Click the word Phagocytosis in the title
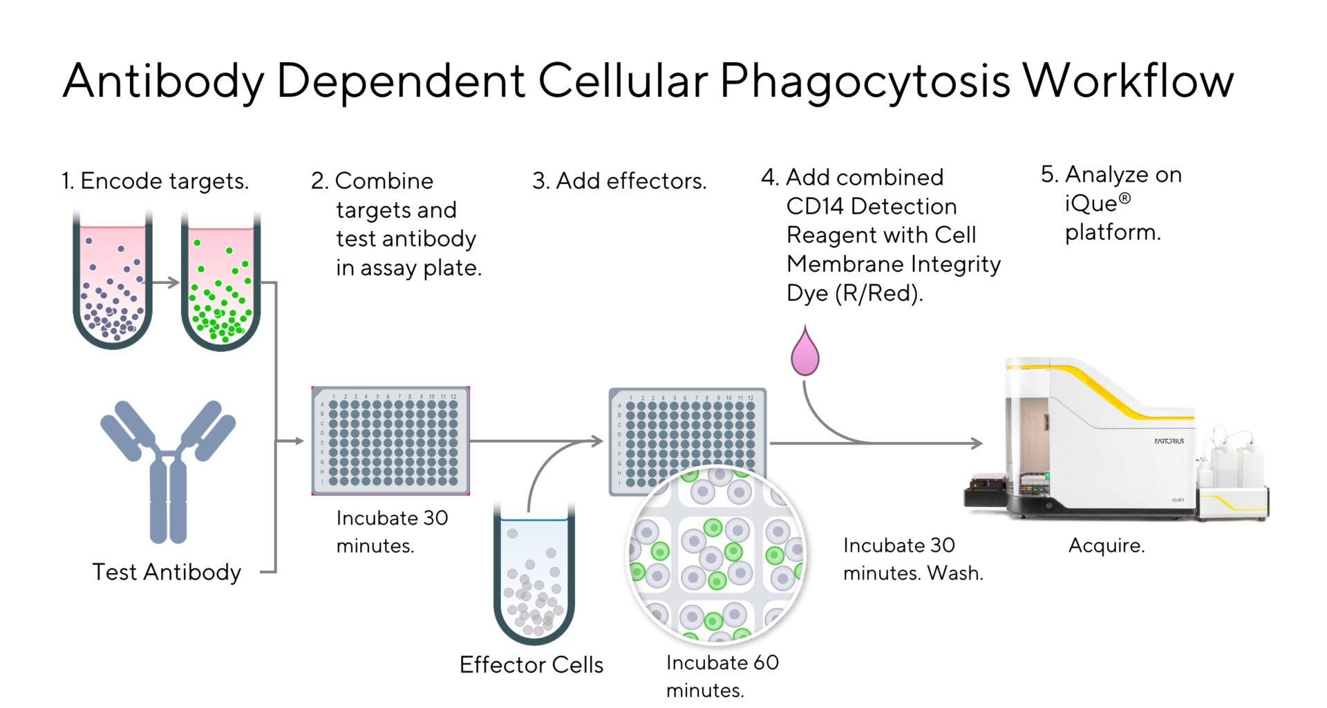pyautogui.click(x=865, y=82)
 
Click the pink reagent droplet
pyautogui.click(x=804, y=355)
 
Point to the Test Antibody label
pyautogui.click(x=167, y=572)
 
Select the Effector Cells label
pyautogui.click(x=531, y=665)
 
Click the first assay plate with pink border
pyautogui.click(x=390, y=441)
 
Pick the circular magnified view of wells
pyautogui.click(x=717, y=556)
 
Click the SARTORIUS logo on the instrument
pyautogui.click(x=1168, y=441)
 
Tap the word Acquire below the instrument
pyautogui.click(x=1106, y=546)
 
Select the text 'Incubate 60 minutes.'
pyautogui.click(x=722, y=676)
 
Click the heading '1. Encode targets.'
pyautogui.click(x=155, y=181)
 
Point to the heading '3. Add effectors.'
pyautogui.click(x=619, y=181)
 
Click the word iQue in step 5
pyautogui.click(x=1091, y=204)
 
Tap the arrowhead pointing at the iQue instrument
pyautogui.click(x=977, y=443)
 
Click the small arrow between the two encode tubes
pyautogui.click(x=166, y=282)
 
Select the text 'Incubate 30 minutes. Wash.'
pyautogui.click(x=912, y=559)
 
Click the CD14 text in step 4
pyautogui.click(x=810, y=207)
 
